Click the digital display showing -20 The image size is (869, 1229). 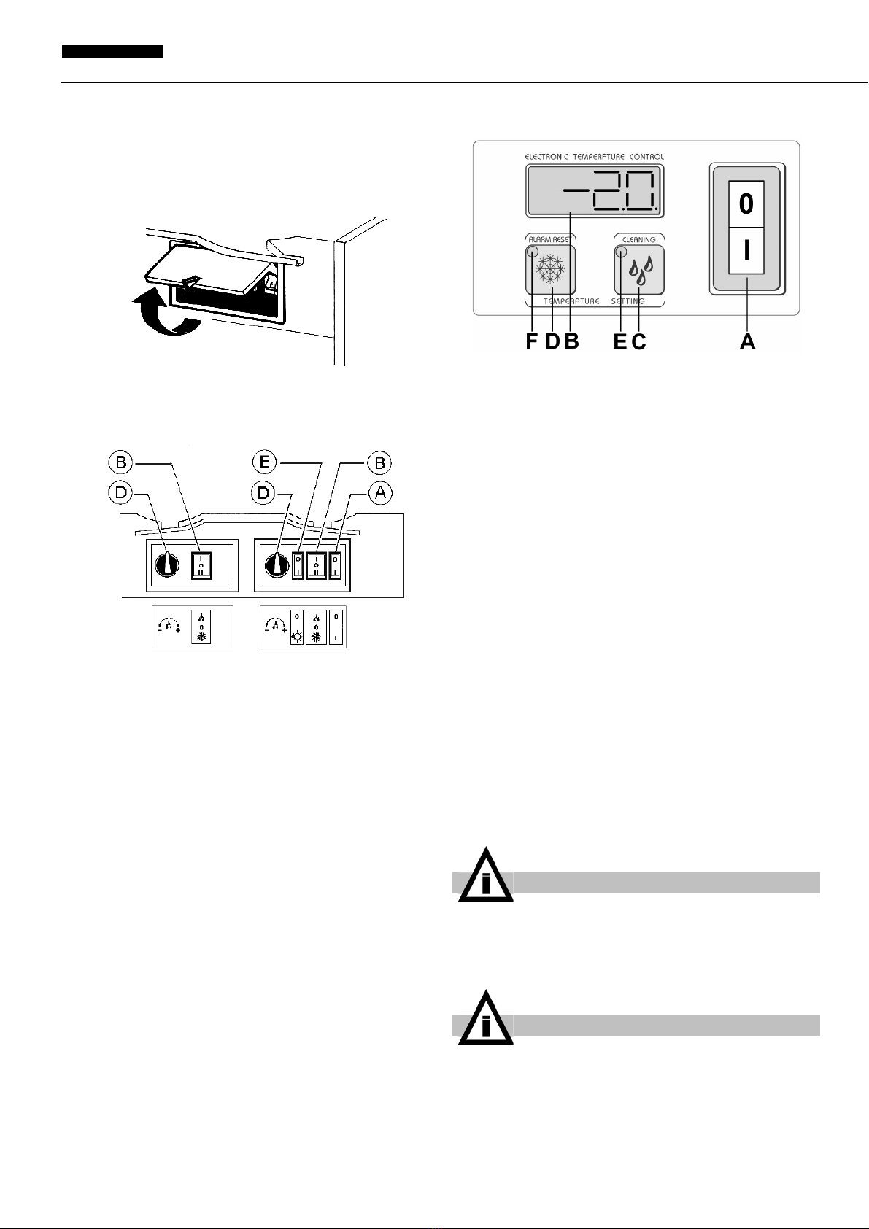[x=595, y=191]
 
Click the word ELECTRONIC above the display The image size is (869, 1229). [x=547, y=157]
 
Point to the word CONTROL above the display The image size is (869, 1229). [x=646, y=157]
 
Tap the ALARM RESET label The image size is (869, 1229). [x=549, y=239]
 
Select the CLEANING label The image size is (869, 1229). [x=639, y=240]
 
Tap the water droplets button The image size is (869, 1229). [x=640, y=270]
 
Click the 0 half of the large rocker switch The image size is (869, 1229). [x=746, y=204]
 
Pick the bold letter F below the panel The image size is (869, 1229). [x=531, y=341]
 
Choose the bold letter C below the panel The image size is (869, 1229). [x=639, y=341]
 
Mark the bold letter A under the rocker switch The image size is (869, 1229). [x=748, y=341]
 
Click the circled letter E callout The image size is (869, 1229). [x=264, y=462]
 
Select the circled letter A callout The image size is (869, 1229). [x=380, y=493]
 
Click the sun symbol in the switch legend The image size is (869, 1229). [x=297, y=637]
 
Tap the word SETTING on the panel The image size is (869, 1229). [x=628, y=301]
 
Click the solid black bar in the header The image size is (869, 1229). [x=112, y=52]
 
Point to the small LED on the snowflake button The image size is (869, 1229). [x=532, y=252]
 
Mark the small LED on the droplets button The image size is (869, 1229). [x=621, y=252]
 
